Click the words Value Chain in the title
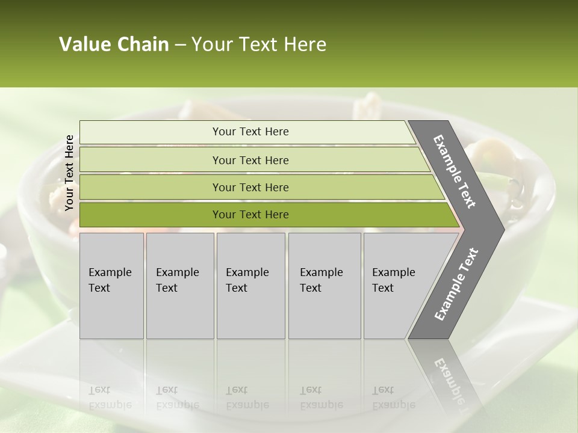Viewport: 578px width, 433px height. click(x=114, y=45)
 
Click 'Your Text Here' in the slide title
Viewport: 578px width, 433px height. click(x=259, y=45)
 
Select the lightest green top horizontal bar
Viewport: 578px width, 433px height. click(x=151, y=132)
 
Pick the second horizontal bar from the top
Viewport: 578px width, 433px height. click(x=151, y=160)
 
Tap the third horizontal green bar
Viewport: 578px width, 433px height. click(x=151, y=187)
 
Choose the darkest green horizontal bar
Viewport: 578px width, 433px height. click(x=151, y=215)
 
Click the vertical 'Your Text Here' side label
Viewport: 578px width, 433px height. click(x=69, y=173)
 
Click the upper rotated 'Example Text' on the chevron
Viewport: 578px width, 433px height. click(x=455, y=171)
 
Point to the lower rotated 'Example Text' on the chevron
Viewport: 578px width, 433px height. click(x=456, y=284)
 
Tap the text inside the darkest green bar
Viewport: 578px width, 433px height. click(x=250, y=215)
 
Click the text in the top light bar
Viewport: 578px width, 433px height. click(x=250, y=132)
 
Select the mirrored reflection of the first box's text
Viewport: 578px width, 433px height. click(x=110, y=398)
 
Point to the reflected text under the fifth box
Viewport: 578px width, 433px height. click(x=393, y=398)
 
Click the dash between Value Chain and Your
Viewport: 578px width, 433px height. click(x=180, y=45)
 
